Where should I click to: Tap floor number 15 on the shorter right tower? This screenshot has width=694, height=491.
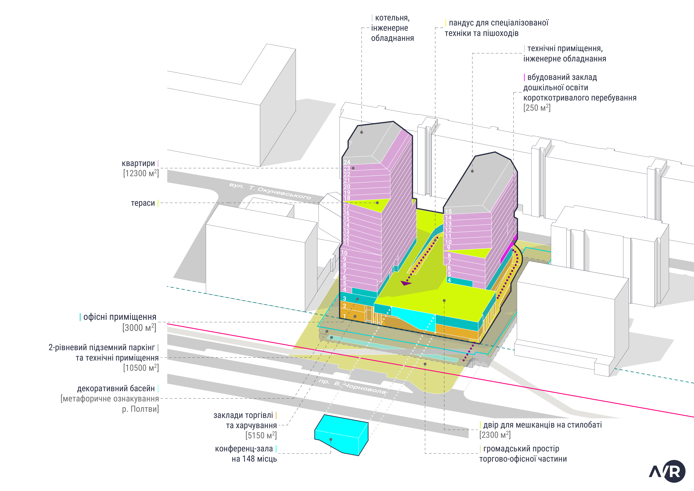pyautogui.click(x=448, y=211)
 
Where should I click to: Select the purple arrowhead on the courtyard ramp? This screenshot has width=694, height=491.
pyautogui.click(x=406, y=283)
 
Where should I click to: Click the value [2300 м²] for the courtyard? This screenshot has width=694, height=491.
pyautogui.click(x=495, y=435)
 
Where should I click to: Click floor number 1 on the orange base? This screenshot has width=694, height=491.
pyautogui.click(x=344, y=316)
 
